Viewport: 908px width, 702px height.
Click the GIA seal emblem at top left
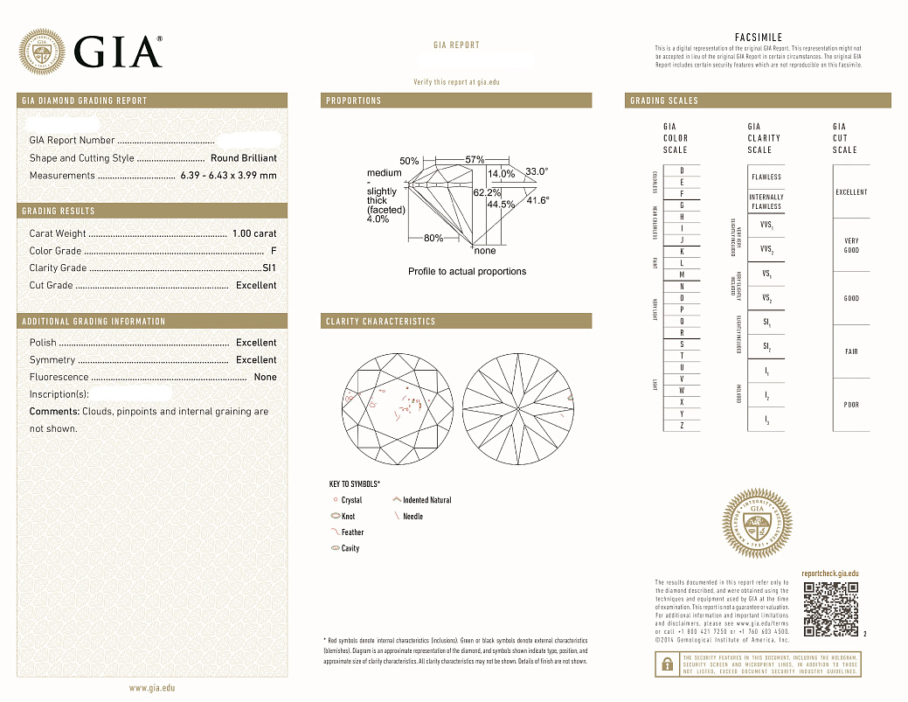point(42,52)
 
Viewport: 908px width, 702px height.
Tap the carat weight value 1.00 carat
point(254,233)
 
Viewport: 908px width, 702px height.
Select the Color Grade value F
point(274,251)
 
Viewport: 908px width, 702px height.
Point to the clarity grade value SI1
point(269,268)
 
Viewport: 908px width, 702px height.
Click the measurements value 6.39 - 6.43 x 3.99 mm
point(228,176)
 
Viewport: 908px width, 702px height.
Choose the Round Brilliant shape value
point(243,158)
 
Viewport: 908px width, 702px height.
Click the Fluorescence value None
point(265,378)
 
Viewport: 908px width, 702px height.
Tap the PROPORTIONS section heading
point(354,101)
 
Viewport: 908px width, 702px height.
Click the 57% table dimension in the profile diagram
point(475,160)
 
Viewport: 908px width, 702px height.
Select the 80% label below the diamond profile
point(433,238)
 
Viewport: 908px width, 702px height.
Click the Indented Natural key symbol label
point(426,500)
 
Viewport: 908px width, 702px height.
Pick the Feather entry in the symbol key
point(352,532)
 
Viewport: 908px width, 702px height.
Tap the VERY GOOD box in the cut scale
point(851,246)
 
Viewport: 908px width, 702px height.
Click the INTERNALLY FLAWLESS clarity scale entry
point(766,202)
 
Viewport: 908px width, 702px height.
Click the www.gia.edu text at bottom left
point(152,688)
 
